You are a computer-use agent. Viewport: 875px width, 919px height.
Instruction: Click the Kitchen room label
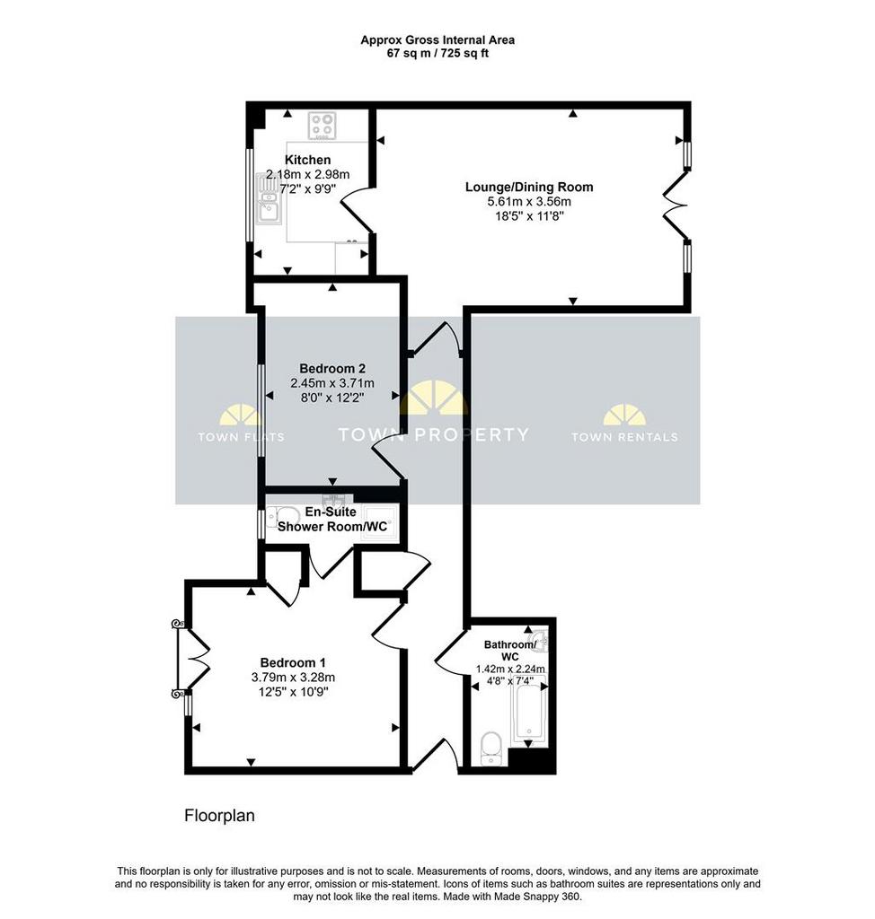(307, 160)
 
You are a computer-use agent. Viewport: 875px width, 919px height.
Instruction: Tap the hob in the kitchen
(323, 126)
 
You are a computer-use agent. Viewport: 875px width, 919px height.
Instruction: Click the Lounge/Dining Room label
(529, 187)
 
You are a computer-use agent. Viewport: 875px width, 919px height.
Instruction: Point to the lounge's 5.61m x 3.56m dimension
(529, 202)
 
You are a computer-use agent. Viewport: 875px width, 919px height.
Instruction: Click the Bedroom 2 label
(332, 369)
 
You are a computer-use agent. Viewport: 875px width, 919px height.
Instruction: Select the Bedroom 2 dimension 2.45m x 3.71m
(332, 383)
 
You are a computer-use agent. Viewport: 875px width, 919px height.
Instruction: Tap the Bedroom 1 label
(293, 663)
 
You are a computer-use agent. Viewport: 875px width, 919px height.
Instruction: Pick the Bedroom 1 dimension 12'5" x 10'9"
(293, 692)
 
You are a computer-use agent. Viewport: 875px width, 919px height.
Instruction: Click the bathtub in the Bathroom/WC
(529, 710)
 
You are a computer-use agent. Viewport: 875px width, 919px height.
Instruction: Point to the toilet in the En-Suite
(282, 517)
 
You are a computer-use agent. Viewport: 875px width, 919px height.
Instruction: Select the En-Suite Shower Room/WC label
(332, 520)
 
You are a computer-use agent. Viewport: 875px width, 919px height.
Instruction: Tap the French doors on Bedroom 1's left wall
(192, 660)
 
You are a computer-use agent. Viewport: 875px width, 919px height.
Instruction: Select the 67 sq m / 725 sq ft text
(437, 53)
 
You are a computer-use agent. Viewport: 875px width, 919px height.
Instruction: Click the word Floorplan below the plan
(219, 816)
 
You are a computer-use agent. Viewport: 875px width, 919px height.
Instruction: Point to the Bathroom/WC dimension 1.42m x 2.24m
(510, 669)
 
